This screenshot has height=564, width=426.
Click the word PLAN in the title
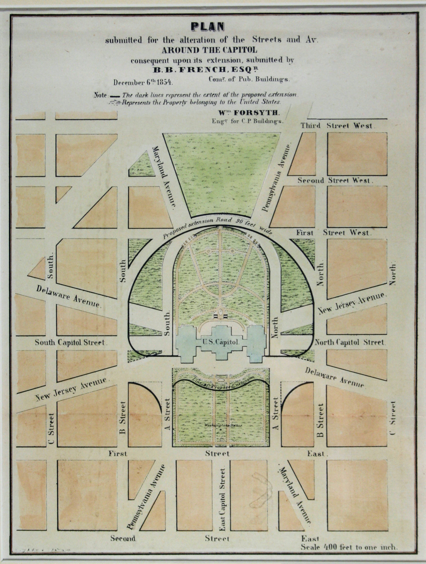tap(207, 27)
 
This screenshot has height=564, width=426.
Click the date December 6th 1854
tap(143, 82)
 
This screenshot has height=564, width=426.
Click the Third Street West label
tap(338, 126)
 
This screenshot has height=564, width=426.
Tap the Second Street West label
tap(335, 181)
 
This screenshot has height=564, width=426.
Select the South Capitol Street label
tap(71, 342)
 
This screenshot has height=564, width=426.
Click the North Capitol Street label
tap(349, 342)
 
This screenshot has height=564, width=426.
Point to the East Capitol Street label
tap(222, 500)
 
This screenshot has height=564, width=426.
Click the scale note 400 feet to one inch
tap(349, 547)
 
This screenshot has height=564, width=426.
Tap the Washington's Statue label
tap(223, 426)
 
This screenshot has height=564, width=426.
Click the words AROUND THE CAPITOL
tap(209, 50)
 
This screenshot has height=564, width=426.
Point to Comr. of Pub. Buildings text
tap(249, 79)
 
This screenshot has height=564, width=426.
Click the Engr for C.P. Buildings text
tap(247, 121)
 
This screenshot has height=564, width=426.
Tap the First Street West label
tap(334, 233)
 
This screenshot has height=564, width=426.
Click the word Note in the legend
tap(101, 95)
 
